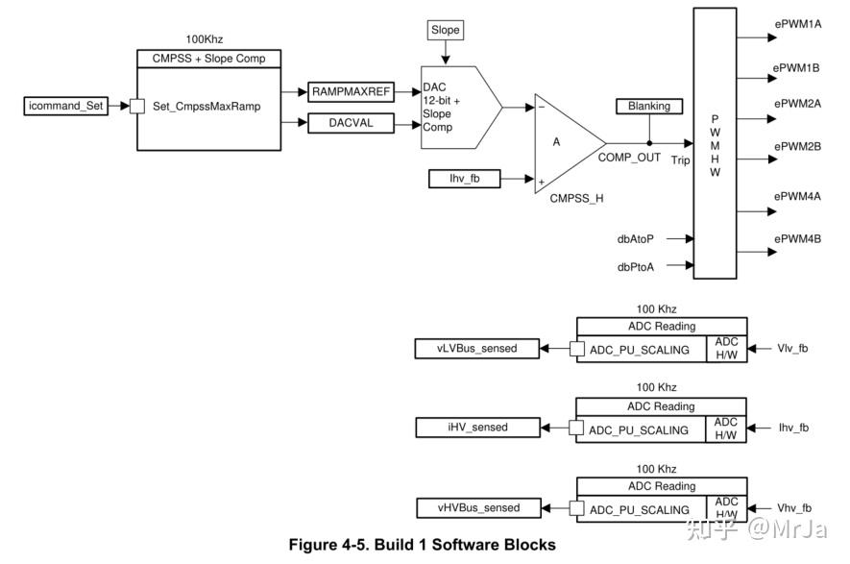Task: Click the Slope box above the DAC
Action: tap(446, 30)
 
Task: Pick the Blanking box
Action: tap(649, 106)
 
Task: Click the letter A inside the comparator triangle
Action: tap(556, 141)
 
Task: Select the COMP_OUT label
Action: tap(629, 157)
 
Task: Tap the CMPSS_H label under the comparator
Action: tap(576, 199)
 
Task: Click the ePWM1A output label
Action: tap(797, 24)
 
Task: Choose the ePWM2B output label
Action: tap(797, 146)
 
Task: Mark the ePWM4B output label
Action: tap(797, 238)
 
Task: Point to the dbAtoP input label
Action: tap(636, 238)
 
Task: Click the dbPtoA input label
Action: tap(636, 266)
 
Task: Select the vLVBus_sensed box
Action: tap(477, 348)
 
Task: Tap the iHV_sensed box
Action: tap(477, 427)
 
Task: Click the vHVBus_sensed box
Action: tap(477, 507)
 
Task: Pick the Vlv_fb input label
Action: tap(792, 348)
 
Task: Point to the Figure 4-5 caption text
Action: tap(423, 545)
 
